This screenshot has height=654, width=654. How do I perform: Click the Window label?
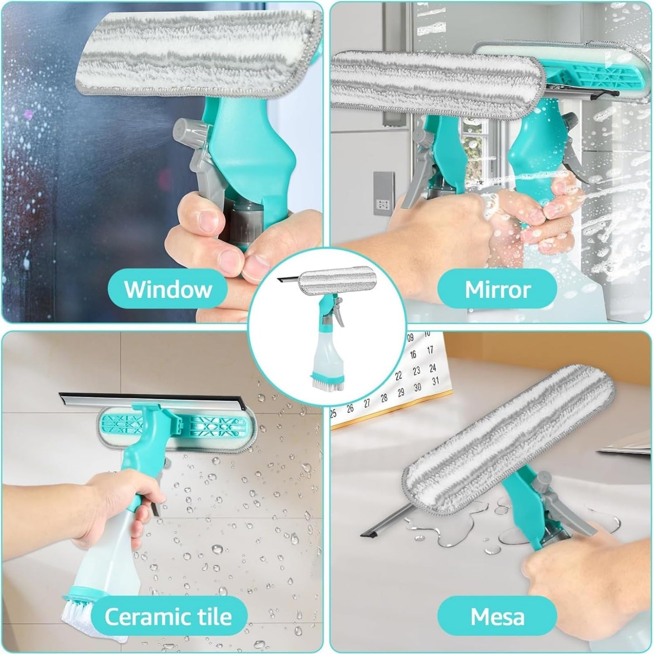(x=168, y=289)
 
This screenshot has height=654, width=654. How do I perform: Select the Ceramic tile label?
(x=168, y=616)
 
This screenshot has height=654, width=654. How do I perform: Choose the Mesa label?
(x=497, y=616)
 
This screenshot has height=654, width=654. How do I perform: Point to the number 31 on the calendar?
(x=435, y=381)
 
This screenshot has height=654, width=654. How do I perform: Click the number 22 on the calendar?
(x=398, y=376)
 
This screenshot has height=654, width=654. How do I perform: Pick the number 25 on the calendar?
(x=334, y=413)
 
